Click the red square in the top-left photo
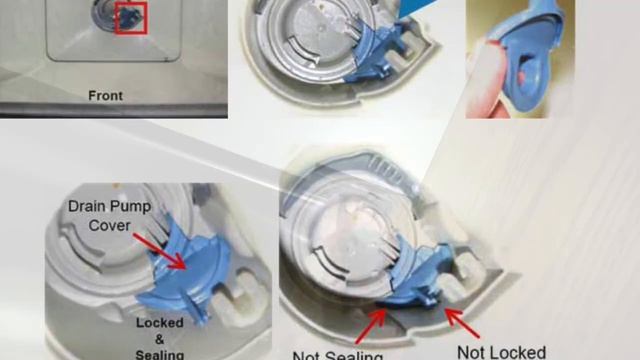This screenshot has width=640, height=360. [131, 18]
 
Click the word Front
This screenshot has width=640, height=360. [104, 96]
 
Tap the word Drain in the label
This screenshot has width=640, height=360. [89, 206]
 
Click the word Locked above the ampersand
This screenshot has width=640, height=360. [160, 324]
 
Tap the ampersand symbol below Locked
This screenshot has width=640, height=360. [160, 340]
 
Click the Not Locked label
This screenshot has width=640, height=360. [501, 351]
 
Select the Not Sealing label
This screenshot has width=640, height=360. [338, 355]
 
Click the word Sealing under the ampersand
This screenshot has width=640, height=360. [160, 354]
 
